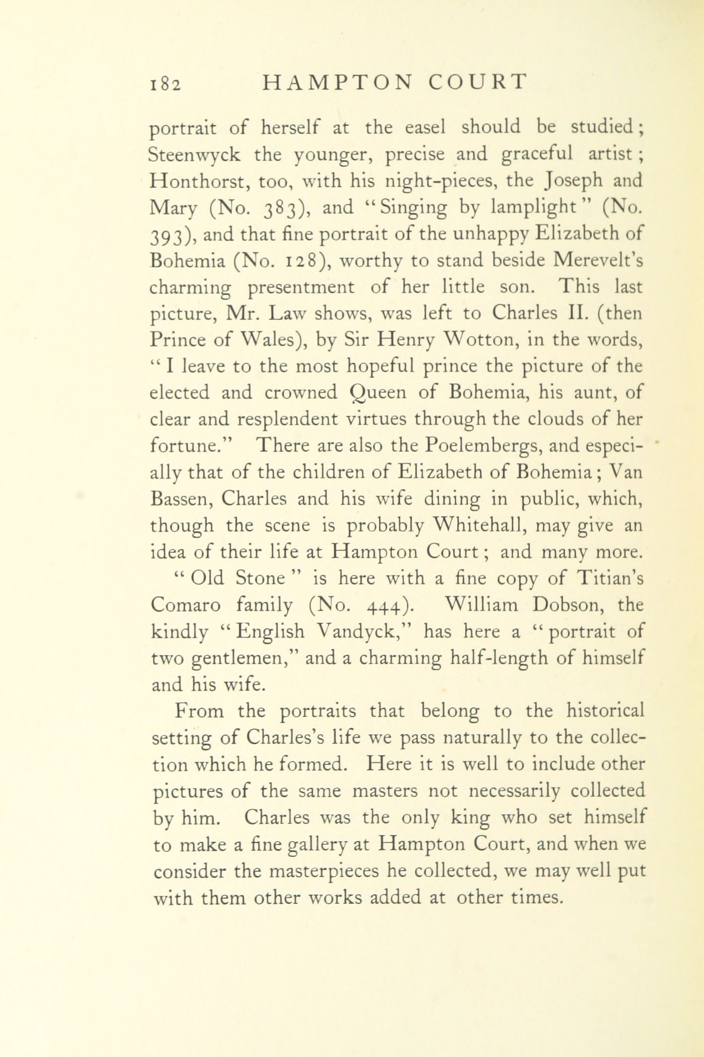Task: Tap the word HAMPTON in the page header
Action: [x=336, y=83]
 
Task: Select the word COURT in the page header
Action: [x=477, y=83]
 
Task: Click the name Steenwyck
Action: [x=195, y=155]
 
